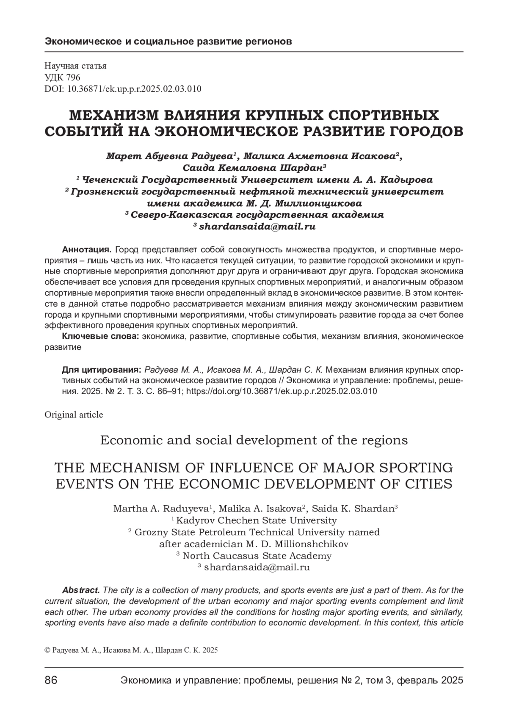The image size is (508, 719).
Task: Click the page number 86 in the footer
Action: pos(51,680)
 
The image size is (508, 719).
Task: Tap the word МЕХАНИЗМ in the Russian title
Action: pos(115,115)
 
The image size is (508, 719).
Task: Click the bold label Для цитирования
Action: pos(102,369)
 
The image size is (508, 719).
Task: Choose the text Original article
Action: pos(74,415)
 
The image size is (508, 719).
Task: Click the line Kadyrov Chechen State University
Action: pos(256,520)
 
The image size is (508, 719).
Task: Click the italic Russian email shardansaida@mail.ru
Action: pos(257,227)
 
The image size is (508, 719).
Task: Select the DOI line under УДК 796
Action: pos(123,89)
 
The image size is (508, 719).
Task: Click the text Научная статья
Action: pos(75,66)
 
